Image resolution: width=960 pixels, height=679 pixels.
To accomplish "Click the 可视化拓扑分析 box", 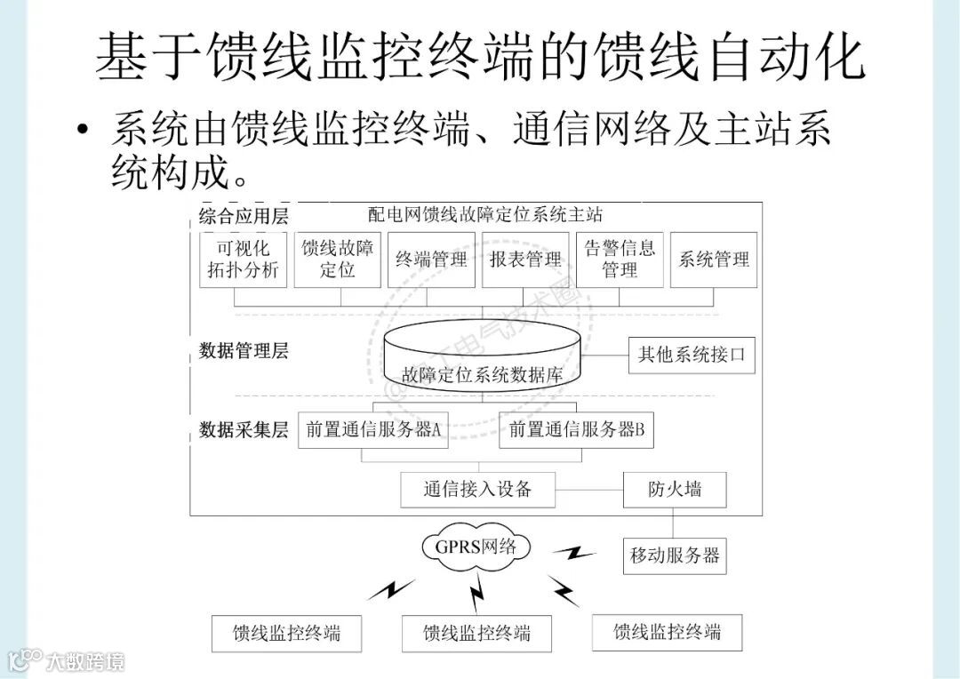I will (x=244, y=260).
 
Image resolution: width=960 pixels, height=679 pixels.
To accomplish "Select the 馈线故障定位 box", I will (x=338, y=260).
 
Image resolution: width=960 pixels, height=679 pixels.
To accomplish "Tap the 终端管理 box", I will (x=432, y=260).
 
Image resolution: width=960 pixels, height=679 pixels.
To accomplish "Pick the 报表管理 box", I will (x=526, y=260).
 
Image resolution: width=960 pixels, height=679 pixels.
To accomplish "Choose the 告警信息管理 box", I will (x=620, y=260).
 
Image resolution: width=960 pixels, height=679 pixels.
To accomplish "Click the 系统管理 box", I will (x=714, y=260).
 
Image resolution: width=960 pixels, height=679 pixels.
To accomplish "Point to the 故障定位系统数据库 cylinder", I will (x=483, y=360).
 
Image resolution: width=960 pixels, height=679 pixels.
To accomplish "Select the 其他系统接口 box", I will (x=692, y=355).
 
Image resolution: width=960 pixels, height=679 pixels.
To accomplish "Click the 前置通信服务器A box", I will (x=373, y=430).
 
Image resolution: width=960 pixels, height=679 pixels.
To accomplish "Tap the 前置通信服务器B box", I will (x=577, y=430).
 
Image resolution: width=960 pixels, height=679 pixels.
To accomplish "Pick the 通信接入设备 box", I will (x=477, y=489).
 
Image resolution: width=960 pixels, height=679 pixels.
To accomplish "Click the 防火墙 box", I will (x=675, y=489).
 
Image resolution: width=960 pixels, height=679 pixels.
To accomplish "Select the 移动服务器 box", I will (x=675, y=556).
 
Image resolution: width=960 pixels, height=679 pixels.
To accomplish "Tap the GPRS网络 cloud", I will (x=476, y=547).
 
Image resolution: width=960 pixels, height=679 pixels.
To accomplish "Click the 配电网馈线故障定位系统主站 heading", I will (x=485, y=214).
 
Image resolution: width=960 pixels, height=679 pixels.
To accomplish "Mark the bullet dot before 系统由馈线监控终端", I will (x=83, y=131).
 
